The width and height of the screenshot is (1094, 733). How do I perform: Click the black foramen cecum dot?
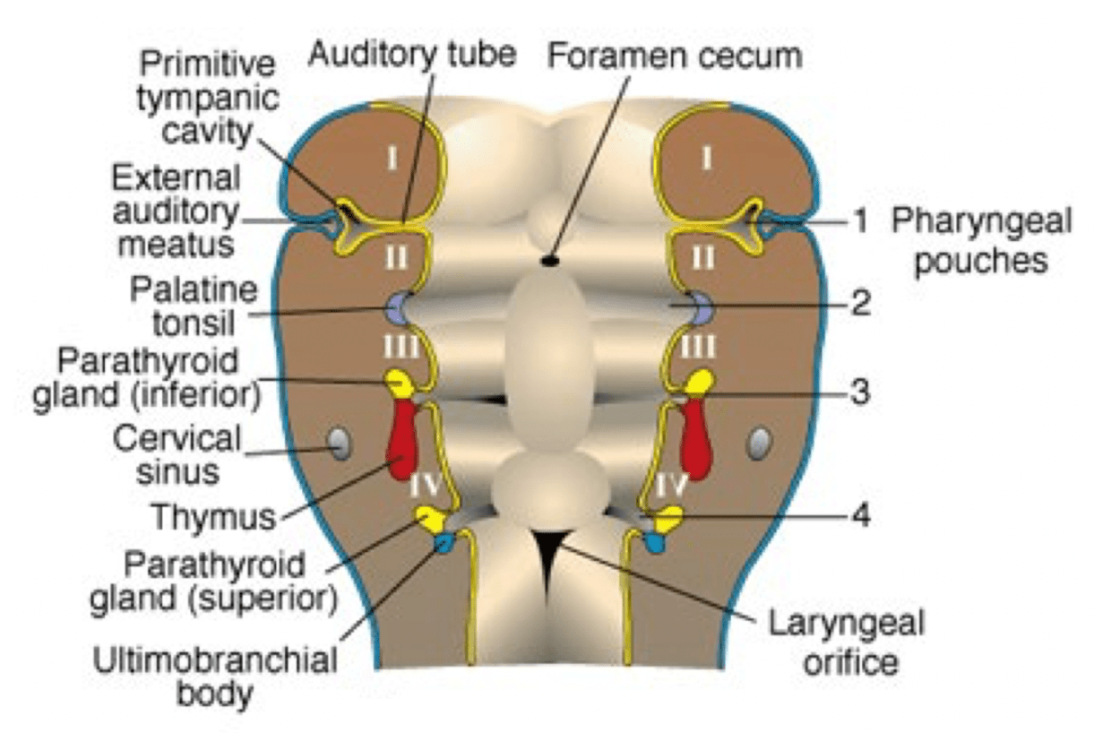pyautogui.click(x=549, y=261)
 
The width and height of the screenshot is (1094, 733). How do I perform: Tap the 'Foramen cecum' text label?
pyautogui.click(x=675, y=56)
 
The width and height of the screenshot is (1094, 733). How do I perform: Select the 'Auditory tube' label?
pyautogui.click(x=412, y=55)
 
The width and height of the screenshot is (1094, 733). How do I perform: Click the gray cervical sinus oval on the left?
pyautogui.click(x=340, y=443)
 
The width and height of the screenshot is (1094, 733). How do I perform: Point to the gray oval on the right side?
pyautogui.click(x=759, y=442)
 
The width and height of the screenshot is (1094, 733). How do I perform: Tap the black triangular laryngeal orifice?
pyautogui.click(x=548, y=556)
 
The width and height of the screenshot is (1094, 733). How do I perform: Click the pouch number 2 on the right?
pyautogui.click(x=860, y=305)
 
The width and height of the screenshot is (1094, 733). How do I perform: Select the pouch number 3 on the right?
pyautogui.click(x=860, y=392)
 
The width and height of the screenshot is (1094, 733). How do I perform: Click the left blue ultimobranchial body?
pyautogui.click(x=444, y=542)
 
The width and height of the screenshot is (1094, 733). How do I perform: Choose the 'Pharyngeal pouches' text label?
pyautogui.click(x=981, y=241)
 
